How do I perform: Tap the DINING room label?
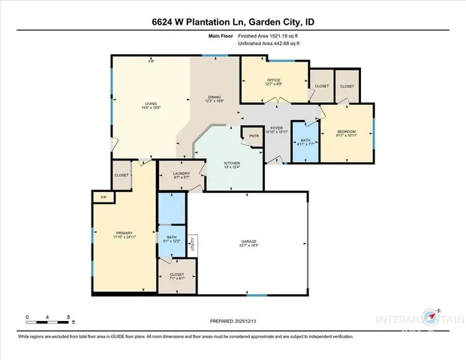tap(215, 98)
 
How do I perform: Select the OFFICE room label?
tap(274, 80)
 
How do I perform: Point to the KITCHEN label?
tap(233, 163)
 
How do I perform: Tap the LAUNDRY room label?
tap(182, 175)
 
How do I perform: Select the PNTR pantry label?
tap(254, 136)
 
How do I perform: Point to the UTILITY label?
tap(194, 243)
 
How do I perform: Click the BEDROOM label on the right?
tap(347, 131)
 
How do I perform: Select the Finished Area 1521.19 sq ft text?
tap(269, 36)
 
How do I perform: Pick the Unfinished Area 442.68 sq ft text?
tap(269, 43)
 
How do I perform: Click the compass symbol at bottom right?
tap(432, 318)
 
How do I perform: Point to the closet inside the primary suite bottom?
tap(177, 276)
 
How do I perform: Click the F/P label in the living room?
tap(151, 61)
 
